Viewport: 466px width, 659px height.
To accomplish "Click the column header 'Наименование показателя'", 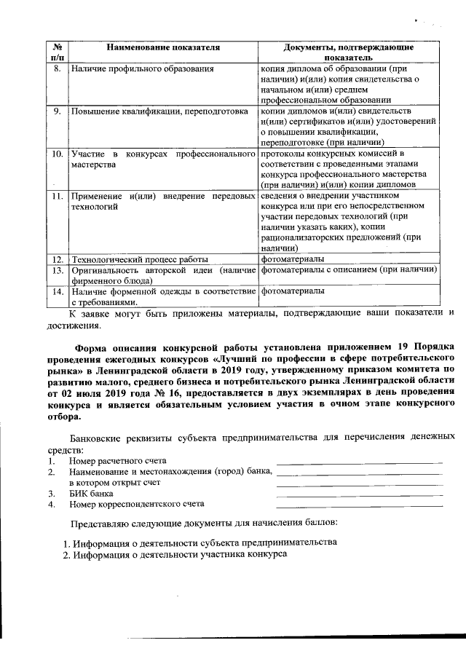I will click(162, 47).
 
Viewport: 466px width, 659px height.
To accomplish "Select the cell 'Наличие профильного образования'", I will click(142, 69).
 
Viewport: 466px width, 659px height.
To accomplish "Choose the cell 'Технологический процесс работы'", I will click(139, 259).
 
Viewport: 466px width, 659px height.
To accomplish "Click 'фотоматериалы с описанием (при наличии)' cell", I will click(348, 270).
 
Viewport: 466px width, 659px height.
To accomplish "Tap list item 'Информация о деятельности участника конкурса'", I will click(175, 554).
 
